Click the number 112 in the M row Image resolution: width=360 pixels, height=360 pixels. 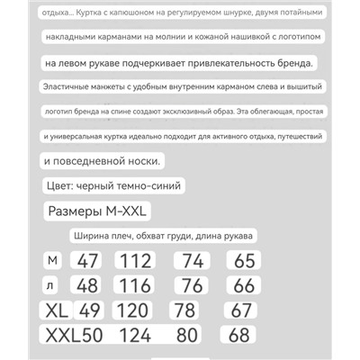(x=137, y=262)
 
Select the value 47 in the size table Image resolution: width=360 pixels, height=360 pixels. (x=89, y=262)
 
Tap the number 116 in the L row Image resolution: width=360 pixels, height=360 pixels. (x=137, y=286)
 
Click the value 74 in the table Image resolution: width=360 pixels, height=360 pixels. (x=193, y=262)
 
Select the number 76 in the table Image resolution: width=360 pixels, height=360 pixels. (x=193, y=286)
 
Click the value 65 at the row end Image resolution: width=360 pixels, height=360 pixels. (x=244, y=262)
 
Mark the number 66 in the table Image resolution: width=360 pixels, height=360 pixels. (x=244, y=286)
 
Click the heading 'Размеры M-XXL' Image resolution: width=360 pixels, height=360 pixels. (x=99, y=211)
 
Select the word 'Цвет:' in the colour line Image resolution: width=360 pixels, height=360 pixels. (x=62, y=186)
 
